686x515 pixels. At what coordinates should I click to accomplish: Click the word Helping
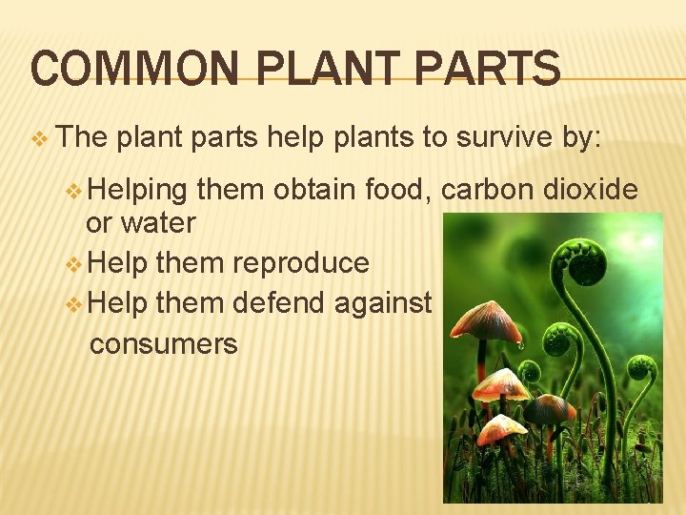click(140, 190)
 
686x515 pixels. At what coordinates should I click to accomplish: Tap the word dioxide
click(591, 190)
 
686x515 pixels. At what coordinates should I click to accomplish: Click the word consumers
click(163, 342)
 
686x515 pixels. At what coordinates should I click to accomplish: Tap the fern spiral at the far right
click(642, 366)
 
